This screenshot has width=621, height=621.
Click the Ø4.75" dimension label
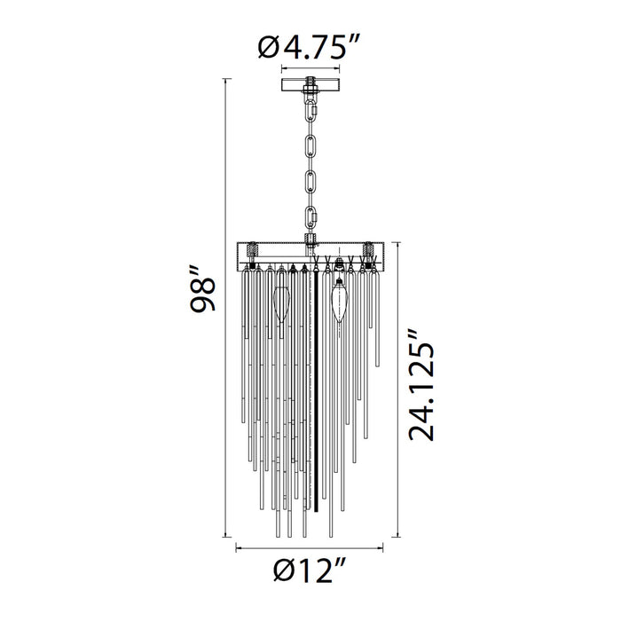309,47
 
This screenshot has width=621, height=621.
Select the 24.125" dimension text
421,384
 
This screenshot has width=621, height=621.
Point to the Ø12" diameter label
310,570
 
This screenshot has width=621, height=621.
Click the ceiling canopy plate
310,85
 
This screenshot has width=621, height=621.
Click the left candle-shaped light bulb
281,304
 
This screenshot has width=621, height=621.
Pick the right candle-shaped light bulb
340,300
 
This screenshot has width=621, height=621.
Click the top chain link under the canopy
310,111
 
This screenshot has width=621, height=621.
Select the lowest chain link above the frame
310,216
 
